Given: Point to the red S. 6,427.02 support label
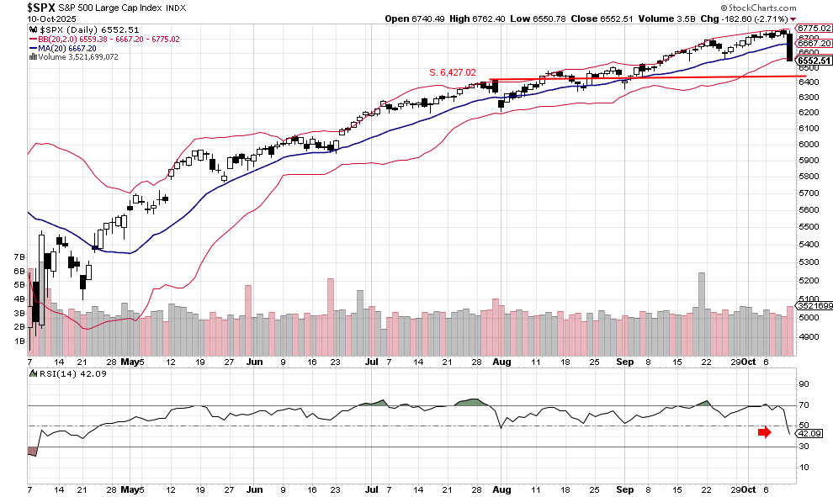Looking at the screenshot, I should tap(453, 72).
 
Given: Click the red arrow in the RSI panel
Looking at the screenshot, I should tap(764, 432).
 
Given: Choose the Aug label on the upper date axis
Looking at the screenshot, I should tap(501, 362).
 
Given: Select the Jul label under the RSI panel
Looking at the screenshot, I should tap(371, 489).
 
